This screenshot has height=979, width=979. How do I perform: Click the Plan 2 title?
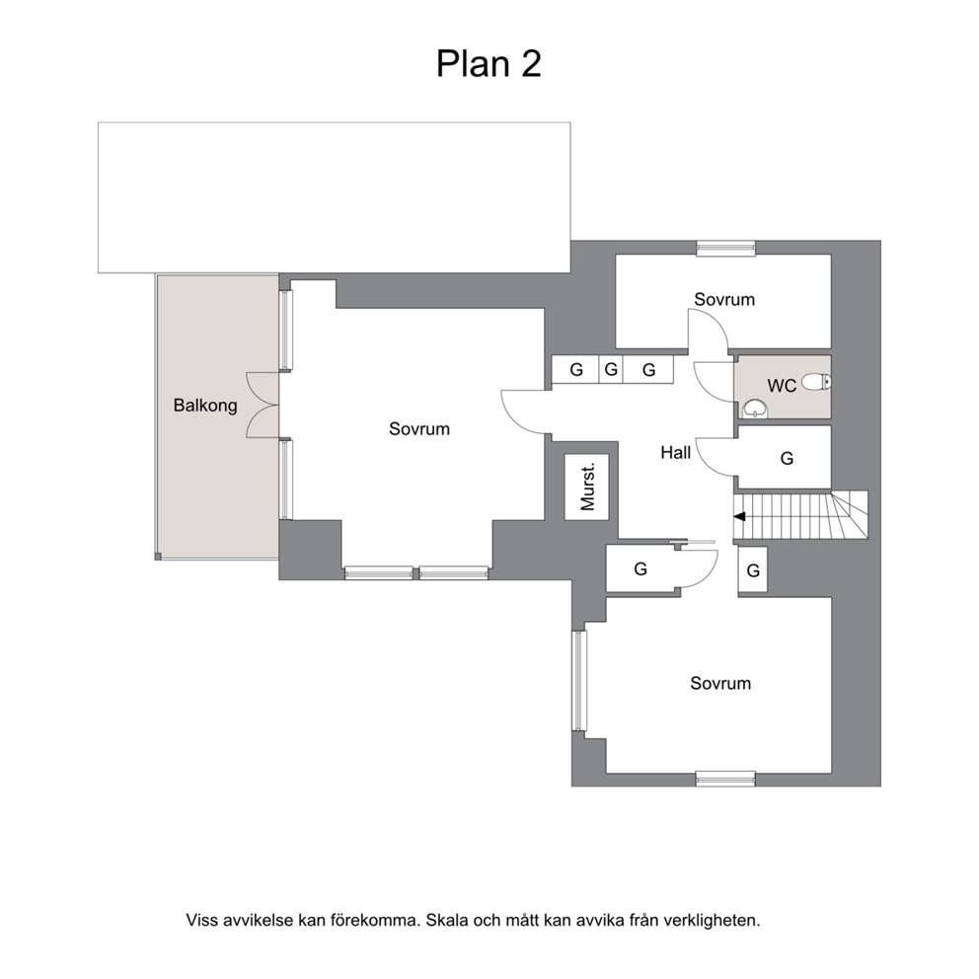[489, 64]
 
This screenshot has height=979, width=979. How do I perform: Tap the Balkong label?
[205, 406]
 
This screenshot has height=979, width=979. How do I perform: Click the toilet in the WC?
[818, 381]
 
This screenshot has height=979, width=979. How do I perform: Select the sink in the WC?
[756, 409]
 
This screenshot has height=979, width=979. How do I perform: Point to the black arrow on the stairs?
[740, 517]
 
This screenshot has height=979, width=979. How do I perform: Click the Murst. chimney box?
[587, 487]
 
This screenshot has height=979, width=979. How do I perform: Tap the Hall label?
[676, 452]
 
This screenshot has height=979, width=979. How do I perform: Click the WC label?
[782, 386]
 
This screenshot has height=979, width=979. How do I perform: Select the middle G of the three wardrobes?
[611, 370]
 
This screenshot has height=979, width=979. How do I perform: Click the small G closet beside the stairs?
[753, 570]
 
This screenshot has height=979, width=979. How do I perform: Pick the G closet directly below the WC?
[786, 458]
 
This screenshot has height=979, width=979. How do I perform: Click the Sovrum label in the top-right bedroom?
[724, 300]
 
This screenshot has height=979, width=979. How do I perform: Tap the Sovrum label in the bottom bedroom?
[720, 683]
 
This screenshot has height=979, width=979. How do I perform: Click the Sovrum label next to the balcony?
[419, 429]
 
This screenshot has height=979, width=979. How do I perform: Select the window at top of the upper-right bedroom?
[725, 248]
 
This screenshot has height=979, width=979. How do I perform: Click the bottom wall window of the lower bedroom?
[725, 779]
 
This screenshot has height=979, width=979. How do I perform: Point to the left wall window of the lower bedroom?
[580, 681]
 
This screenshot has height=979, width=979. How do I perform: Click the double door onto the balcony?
[263, 405]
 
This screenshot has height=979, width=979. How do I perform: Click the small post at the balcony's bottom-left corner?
[158, 556]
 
